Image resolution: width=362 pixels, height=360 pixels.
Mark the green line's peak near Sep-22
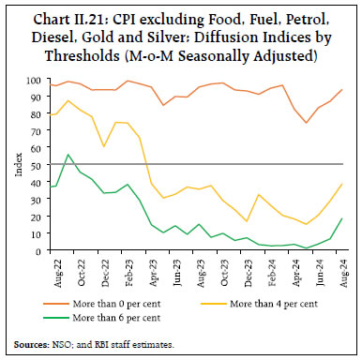point(68,155)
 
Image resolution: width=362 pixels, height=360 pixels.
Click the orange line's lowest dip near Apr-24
point(306,123)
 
